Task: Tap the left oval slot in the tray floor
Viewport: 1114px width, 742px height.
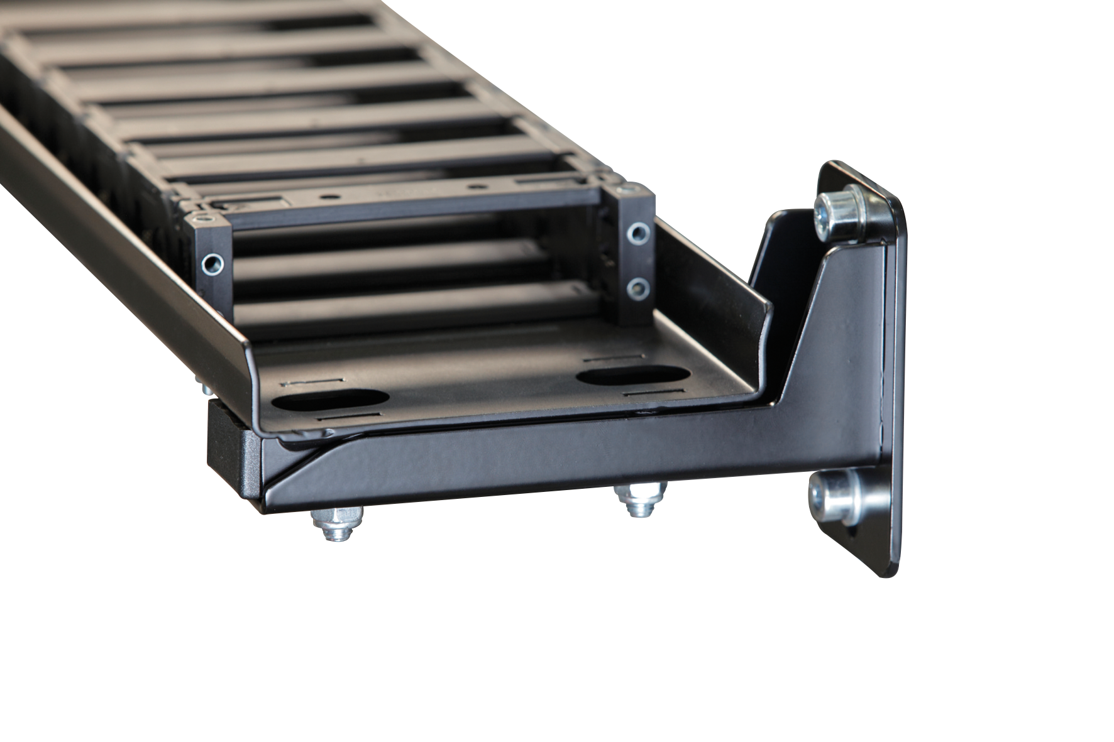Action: [x=331, y=399]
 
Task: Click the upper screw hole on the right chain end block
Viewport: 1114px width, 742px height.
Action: [x=639, y=234]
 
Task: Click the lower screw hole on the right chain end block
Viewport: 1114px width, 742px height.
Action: [x=639, y=288]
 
